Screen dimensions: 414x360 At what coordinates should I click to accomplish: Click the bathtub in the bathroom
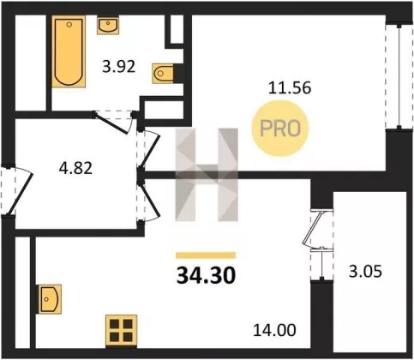coord(69,51)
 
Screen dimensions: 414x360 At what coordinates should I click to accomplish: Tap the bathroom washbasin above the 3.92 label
coord(108,26)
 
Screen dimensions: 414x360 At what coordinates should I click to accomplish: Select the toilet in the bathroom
coord(163,74)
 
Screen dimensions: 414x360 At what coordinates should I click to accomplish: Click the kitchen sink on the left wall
coord(50,299)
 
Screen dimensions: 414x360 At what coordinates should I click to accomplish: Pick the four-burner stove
coord(122,331)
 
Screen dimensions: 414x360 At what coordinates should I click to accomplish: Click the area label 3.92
coord(118,67)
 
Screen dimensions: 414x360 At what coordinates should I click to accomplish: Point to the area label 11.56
coord(290,87)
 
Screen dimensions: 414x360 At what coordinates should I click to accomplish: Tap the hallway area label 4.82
coord(75,168)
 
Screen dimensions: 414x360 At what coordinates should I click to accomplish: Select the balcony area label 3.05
coord(365,272)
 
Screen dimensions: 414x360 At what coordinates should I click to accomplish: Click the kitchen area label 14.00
coord(275,331)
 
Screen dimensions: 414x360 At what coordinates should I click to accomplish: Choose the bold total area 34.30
coord(207,276)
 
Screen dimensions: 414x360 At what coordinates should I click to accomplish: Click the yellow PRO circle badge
coord(280,129)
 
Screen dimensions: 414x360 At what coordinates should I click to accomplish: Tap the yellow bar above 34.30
coord(206,255)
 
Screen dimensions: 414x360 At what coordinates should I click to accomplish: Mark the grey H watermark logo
coord(207,175)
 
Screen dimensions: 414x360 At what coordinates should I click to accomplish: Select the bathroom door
coord(114,123)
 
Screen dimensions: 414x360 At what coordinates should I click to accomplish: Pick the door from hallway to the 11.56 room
coord(147,149)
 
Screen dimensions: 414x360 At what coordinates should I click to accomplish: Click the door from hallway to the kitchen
coord(147,201)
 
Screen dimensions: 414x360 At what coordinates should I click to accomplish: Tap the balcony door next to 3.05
coord(319,244)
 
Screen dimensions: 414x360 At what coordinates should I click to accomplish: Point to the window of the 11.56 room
coord(399,76)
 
